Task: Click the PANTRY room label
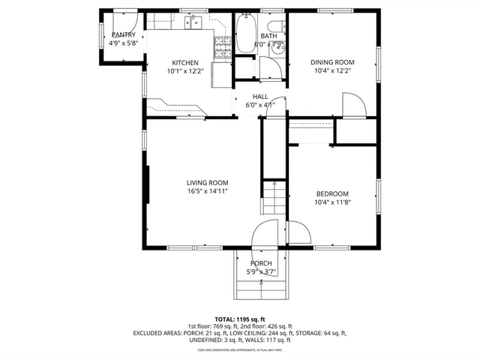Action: [124, 35]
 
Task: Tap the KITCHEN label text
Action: [185, 62]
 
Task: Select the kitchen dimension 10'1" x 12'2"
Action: [185, 71]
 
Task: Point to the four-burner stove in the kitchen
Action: [222, 49]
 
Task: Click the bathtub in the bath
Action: [244, 34]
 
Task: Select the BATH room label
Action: [268, 36]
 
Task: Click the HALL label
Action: [260, 96]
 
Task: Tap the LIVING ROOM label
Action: [208, 182]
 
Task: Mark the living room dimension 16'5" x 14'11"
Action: [208, 191]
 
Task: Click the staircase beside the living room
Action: [273, 199]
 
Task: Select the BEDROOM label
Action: [331, 193]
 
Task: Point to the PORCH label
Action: [261, 262]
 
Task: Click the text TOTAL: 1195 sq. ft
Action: [240, 319]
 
